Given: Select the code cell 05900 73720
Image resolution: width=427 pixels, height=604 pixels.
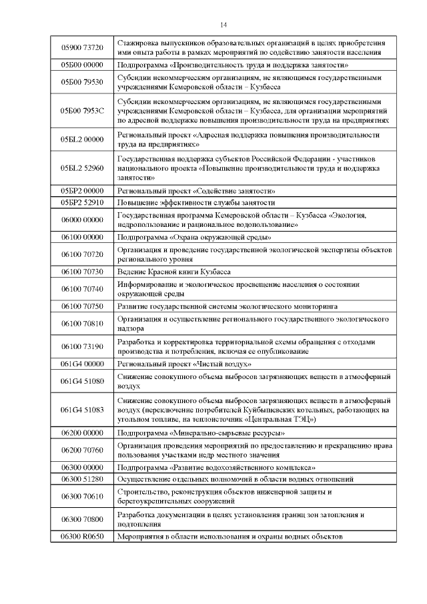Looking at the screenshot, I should [x=82, y=47].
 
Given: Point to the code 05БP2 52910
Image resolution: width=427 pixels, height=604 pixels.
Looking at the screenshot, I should [x=82, y=202].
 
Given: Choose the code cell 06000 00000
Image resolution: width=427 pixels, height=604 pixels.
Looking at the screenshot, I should [x=82, y=220].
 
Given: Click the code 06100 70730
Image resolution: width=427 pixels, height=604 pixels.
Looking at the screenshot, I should [x=82, y=271].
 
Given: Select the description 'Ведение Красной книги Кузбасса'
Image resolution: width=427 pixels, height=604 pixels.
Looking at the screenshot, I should [x=173, y=271].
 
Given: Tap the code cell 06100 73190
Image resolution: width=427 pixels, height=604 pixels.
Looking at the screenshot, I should [x=82, y=346].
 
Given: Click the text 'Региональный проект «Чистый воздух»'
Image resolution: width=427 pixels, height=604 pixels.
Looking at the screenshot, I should [x=184, y=364].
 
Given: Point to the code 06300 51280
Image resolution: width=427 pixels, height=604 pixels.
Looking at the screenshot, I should [x=82, y=479].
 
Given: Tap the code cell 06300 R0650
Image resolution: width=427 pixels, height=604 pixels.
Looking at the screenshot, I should [x=82, y=536].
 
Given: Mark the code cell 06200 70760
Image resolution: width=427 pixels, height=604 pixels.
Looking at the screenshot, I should [x=82, y=450].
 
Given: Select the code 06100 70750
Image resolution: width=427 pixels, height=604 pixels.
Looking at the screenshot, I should [x=82, y=306].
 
